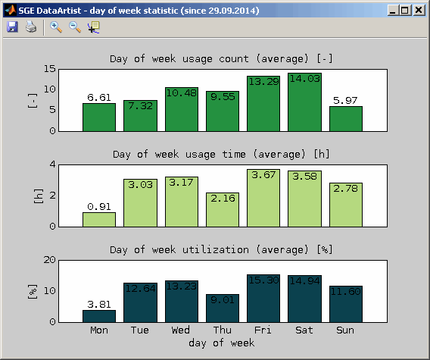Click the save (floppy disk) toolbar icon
click(12, 27)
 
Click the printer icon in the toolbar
click(31, 27)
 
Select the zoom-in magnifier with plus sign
click(56, 27)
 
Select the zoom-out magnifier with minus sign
click(75, 27)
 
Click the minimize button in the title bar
click(393, 11)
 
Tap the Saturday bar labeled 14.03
click(304, 102)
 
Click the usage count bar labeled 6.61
click(99, 117)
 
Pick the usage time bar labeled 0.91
click(99, 220)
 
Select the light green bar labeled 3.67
click(263, 198)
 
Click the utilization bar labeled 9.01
click(223, 308)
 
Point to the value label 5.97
click(345, 101)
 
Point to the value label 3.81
click(99, 304)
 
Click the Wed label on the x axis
click(181, 330)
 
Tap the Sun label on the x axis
click(345, 330)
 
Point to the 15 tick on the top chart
click(50, 69)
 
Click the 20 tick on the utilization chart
click(50, 260)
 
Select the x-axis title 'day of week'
click(222, 343)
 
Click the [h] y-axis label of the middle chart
click(39, 196)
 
